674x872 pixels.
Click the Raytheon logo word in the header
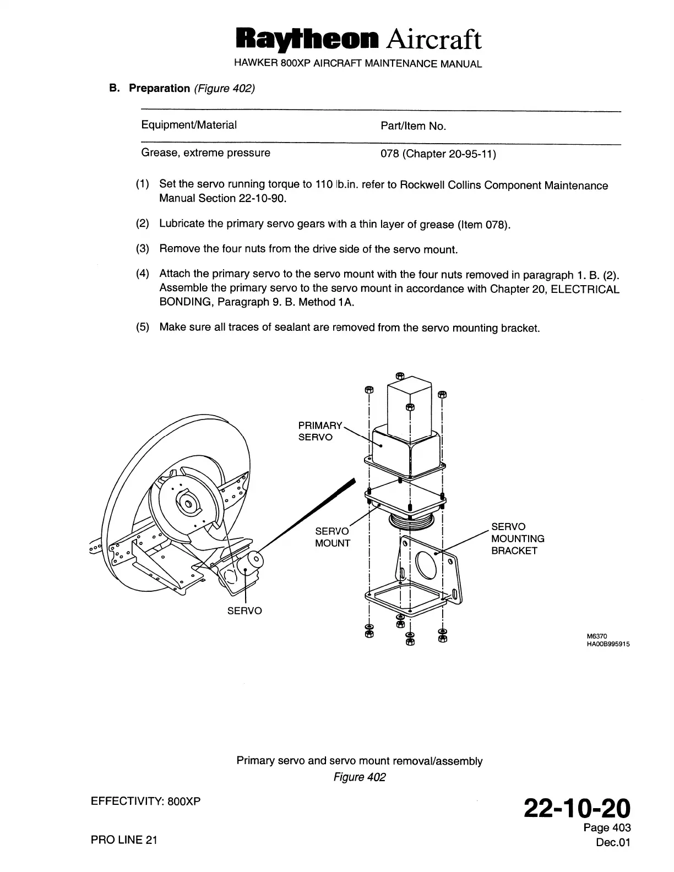pos(307,39)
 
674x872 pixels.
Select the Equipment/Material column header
pos(189,125)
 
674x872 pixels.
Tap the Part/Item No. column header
pos(413,126)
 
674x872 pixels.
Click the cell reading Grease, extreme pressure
pos(205,152)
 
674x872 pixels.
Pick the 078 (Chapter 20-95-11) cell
pos(438,154)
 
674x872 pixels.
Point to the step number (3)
pos(143,249)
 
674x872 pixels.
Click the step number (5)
pos(143,328)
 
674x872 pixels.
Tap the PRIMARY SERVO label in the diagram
pos(319,431)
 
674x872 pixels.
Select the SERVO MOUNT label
pos(332,537)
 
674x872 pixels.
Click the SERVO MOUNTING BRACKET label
pos(517,538)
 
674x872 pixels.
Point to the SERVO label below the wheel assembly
pos(244,611)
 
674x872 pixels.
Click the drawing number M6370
pos(597,636)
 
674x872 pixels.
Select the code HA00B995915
pos(608,644)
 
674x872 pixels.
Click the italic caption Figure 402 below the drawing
pos(359,777)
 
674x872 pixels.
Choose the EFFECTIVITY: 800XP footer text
pos(145,801)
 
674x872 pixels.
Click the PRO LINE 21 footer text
pos(124,840)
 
